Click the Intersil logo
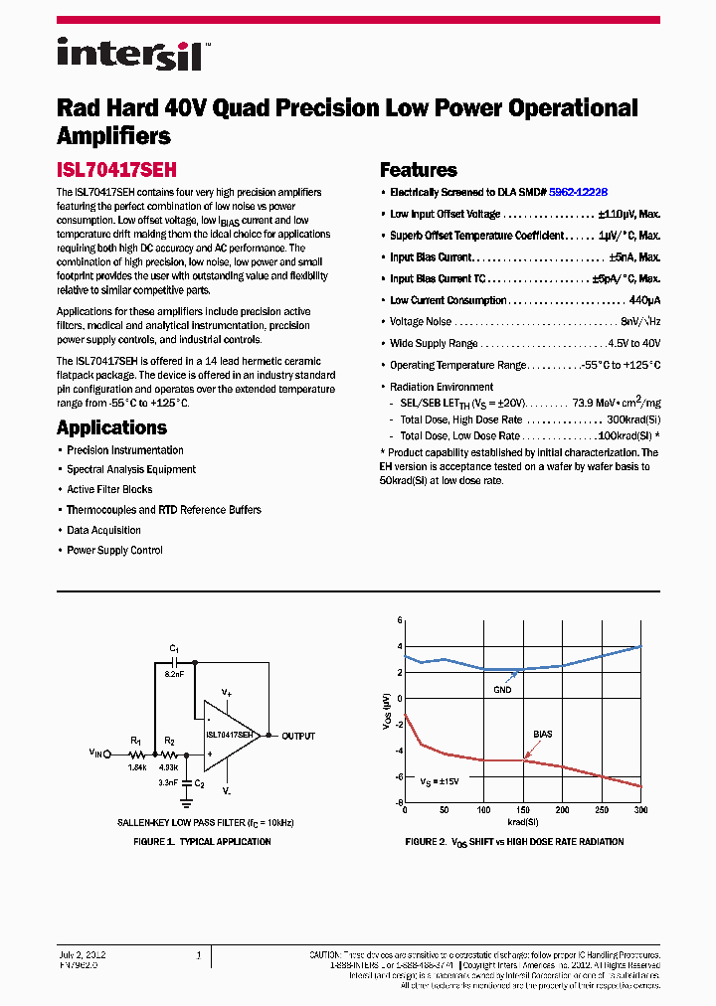point(130,54)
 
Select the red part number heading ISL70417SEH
point(116,170)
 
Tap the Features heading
point(419,170)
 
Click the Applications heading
point(111,427)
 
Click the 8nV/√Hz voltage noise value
point(640,322)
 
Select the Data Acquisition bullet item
point(103,530)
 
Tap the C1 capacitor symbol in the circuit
point(174,659)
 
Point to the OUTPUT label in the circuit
point(298,737)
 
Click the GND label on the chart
point(502,689)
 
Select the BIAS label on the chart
point(542,734)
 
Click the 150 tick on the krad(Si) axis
point(523,811)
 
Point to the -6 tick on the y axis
point(399,777)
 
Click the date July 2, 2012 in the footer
point(83,954)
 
